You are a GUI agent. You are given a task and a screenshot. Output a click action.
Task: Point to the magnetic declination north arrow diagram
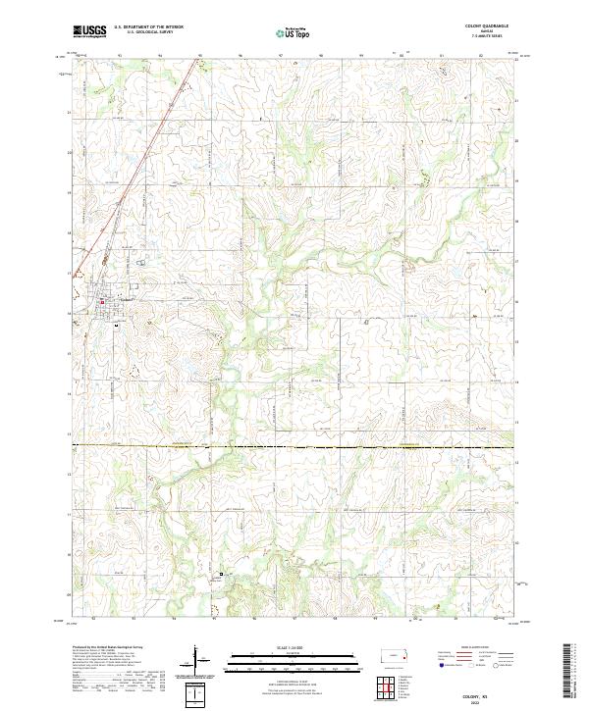[196, 659]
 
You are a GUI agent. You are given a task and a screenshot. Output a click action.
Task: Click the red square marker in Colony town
[101, 302]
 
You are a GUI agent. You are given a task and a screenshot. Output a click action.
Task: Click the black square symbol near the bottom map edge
[221, 575]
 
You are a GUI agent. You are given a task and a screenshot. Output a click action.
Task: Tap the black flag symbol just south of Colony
[116, 325]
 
